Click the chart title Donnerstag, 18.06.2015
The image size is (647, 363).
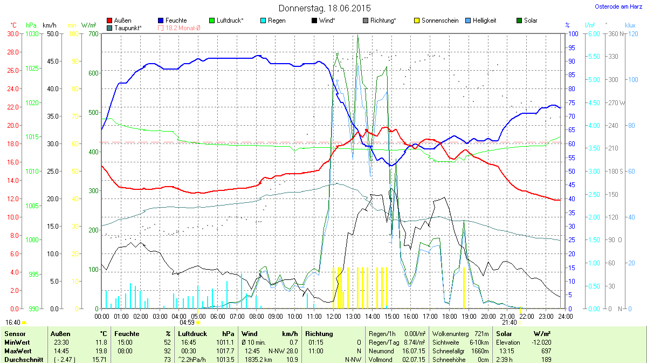point(325,8)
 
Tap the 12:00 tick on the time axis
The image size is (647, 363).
point(333,316)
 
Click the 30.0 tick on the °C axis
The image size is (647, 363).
point(12,33)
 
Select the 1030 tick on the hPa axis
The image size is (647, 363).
point(32,33)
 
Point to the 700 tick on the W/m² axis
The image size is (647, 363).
point(93,33)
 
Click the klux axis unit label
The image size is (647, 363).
point(630,25)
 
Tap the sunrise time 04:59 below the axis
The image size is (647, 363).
point(187,322)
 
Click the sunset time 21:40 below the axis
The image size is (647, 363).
point(510,322)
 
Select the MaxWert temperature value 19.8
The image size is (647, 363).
point(101,351)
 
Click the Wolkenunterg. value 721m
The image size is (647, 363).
point(480,334)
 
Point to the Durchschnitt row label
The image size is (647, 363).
point(24,360)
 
